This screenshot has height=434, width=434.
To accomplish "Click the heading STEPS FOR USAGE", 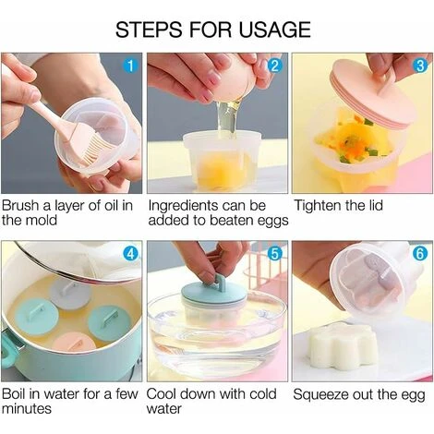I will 212,30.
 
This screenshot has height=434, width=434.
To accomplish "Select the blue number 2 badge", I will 274,66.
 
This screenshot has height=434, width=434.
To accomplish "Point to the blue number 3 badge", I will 419,66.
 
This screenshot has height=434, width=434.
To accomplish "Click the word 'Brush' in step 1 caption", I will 22,203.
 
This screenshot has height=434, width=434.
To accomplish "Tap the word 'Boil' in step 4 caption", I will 17,395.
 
